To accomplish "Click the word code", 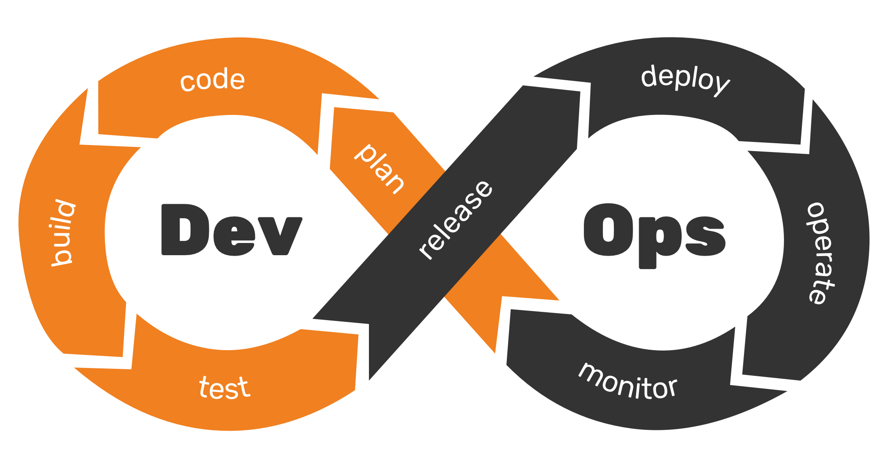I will [x=213, y=80].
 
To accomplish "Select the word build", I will [x=62, y=233].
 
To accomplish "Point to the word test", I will [x=224, y=388].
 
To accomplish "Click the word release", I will [x=456, y=219].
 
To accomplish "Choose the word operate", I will [x=821, y=253].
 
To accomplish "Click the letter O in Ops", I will [x=608, y=229].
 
